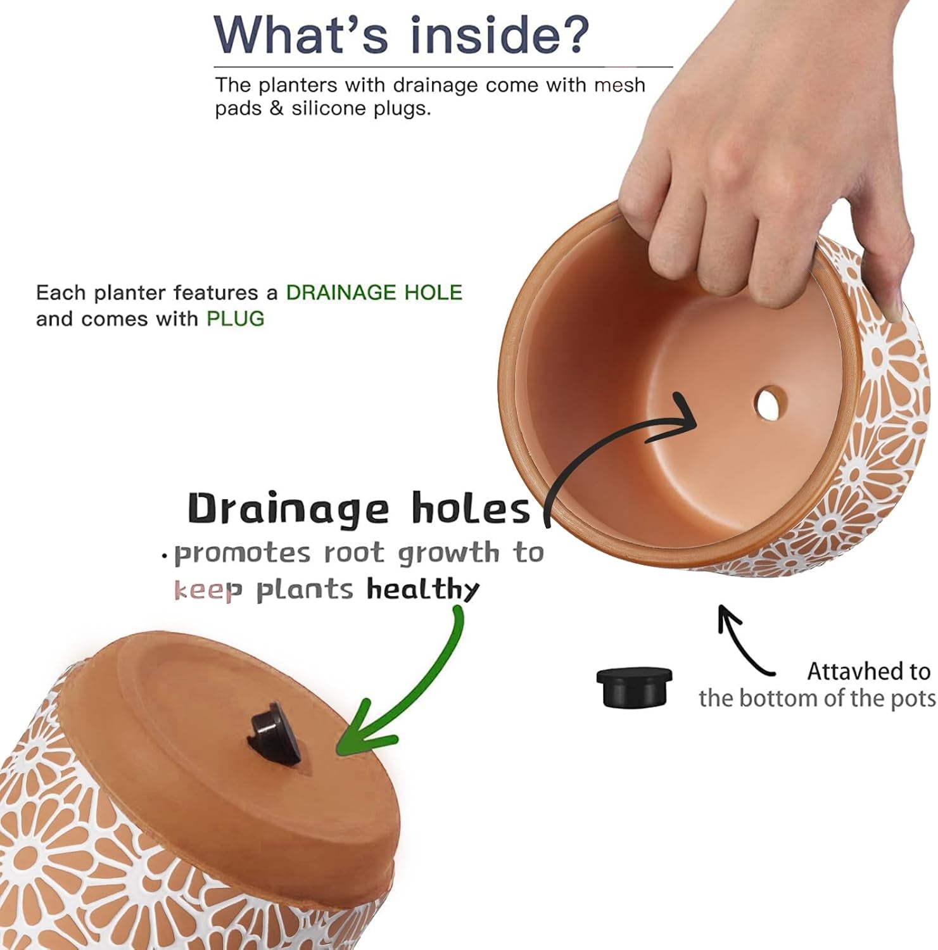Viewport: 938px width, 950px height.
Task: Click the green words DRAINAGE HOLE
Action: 374,293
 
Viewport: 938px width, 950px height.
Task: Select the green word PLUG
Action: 235,319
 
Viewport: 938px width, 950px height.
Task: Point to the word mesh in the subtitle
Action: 619,85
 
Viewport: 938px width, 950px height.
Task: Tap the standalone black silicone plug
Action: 634,687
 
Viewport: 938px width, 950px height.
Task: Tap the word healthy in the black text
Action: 422,590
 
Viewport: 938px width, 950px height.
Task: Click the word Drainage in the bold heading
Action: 288,509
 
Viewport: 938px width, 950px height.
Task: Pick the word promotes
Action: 243,554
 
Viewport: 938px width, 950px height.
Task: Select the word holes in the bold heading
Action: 471,509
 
